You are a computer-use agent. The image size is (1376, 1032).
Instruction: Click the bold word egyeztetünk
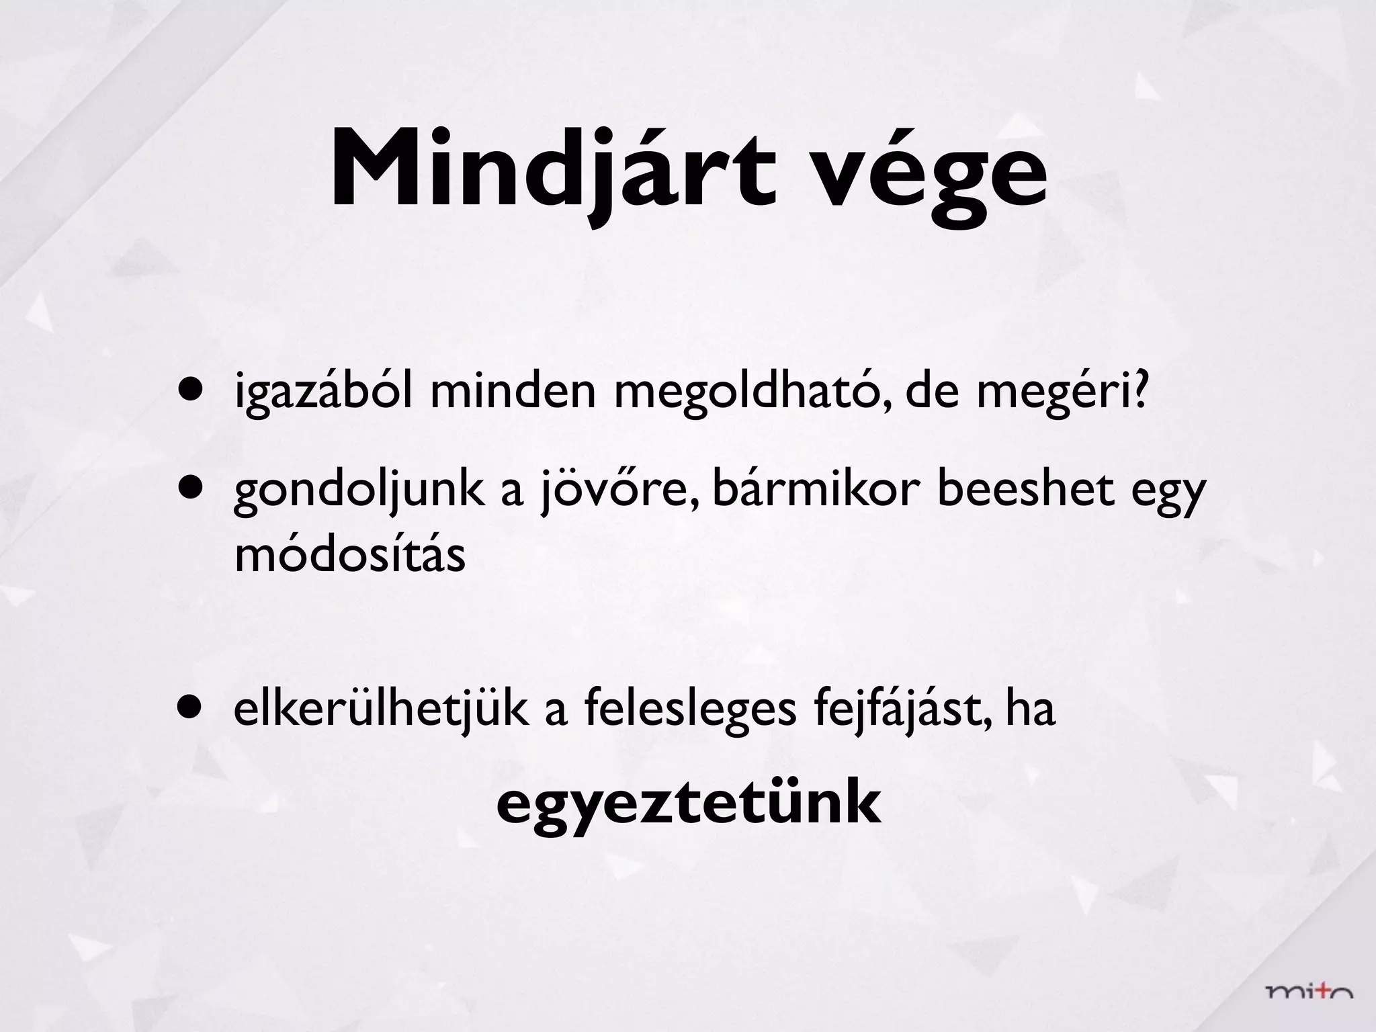tap(688, 806)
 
